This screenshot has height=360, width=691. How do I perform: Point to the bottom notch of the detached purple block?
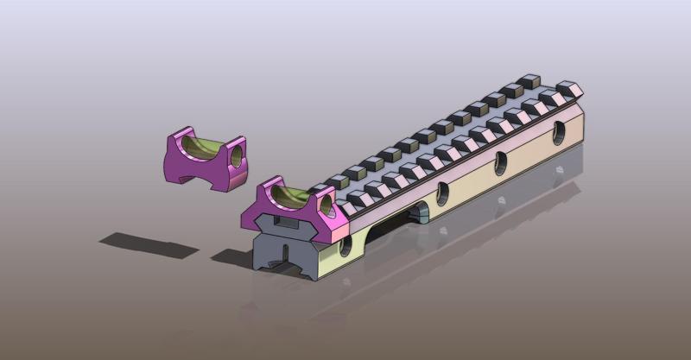[x=195, y=172]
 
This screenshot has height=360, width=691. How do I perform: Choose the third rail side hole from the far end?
[x=441, y=189]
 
